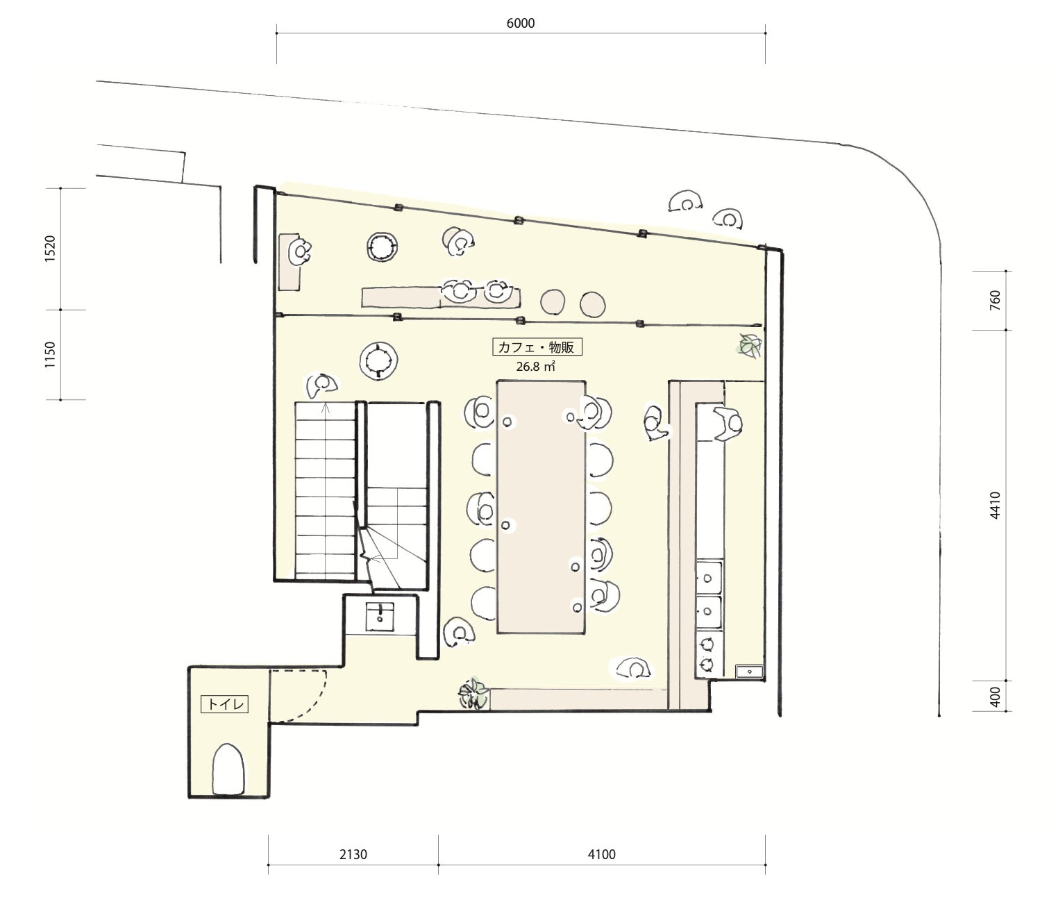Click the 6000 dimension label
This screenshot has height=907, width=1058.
[520, 23]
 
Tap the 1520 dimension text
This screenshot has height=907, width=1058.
[50, 249]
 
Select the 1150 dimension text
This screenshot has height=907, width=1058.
[50, 354]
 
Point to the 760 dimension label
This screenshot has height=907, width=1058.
[995, 300]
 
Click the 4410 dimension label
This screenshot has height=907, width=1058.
[995, 505]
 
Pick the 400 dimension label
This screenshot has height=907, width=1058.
[995, 697]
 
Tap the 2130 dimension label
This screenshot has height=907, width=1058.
[353, 854]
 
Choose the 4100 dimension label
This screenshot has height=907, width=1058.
[601, 854]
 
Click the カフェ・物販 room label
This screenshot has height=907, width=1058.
[537, 347]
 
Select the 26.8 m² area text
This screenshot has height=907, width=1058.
[535, 366]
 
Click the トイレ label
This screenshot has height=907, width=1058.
[225, 704]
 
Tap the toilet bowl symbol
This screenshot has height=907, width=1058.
[228, 769]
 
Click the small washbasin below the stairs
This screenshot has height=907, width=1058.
[380, 617]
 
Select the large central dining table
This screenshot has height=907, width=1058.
[541, 507]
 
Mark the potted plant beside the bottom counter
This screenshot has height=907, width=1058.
[473, 693]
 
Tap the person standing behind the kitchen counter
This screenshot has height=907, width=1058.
[728, 424]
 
